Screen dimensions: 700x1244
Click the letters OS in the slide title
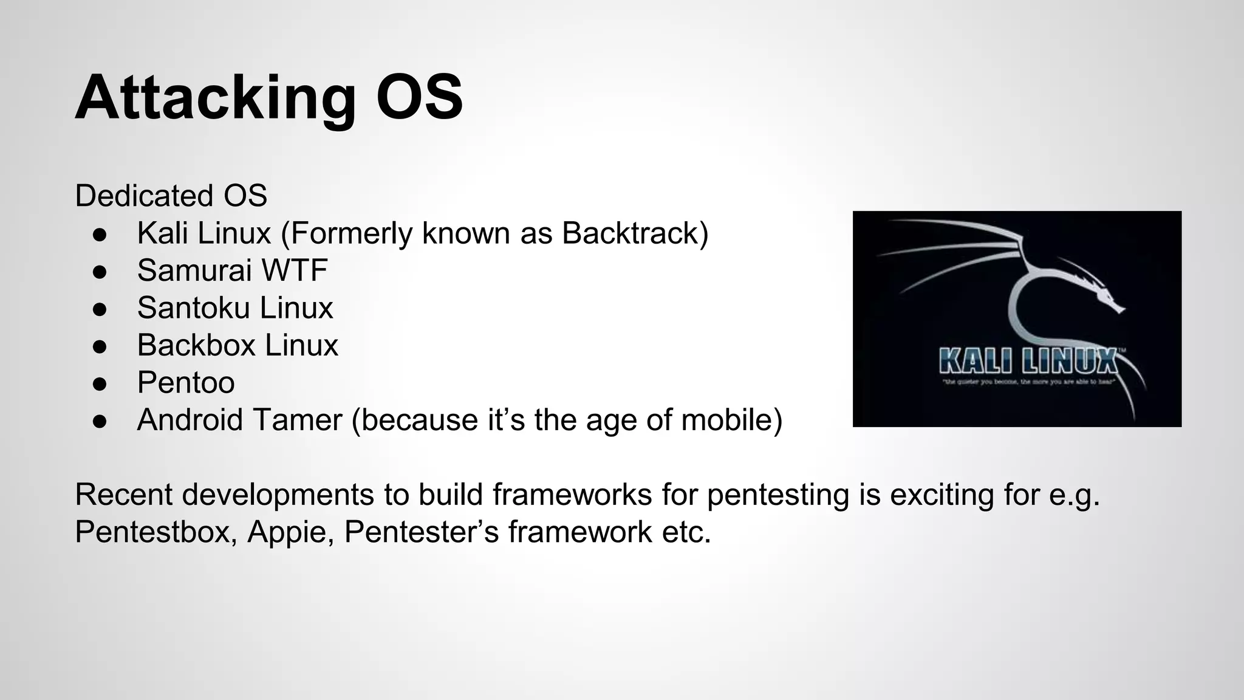pos(419,97)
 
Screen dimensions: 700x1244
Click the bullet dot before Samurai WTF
pos(100,272)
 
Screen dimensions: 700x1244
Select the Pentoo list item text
pos(186,383)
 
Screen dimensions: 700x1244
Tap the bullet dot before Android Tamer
pos(100,421)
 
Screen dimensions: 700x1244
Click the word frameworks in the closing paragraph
pos(572,495)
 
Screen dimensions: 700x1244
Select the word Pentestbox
pos(155,532)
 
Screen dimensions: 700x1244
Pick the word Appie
pos(290,532)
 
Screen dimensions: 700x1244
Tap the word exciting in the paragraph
pos(942,495)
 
